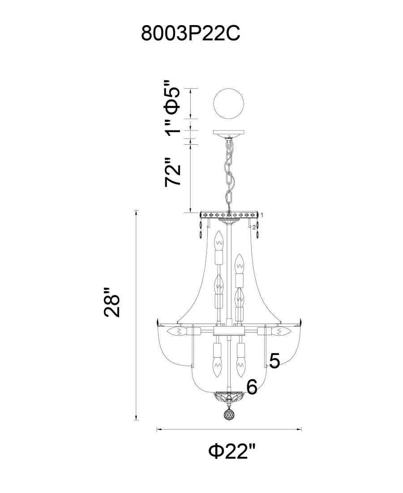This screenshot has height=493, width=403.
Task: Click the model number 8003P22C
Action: pos(191,33)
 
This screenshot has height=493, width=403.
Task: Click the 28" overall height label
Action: pos(112,302)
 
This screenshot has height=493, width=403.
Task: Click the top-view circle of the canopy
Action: pos(228,104)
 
